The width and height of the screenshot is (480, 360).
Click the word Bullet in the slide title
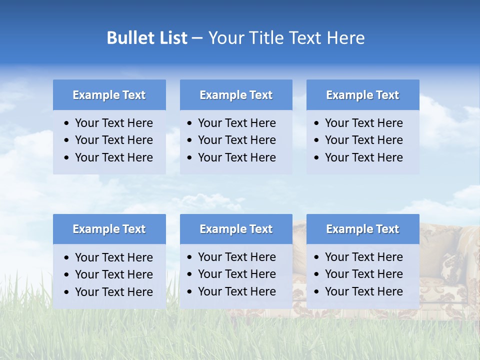coord(128,38)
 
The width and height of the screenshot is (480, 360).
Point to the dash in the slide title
coord(197,38)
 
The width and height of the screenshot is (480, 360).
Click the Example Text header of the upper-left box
coord(109,95)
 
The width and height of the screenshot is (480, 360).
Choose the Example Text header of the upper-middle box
coord(236,95)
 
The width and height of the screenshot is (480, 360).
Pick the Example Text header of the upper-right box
coord(362,95)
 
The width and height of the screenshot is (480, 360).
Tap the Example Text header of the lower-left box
coord(109,229)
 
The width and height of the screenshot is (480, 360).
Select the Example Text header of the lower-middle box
coord(236,229)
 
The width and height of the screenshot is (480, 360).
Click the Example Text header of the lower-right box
coord(362,229)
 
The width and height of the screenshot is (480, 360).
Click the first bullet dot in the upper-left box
coord(67,123)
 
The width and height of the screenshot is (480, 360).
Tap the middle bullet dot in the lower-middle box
coord(190,274)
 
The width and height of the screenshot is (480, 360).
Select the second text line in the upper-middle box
coord(236,140)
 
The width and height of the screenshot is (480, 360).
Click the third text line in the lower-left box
coord(113,291)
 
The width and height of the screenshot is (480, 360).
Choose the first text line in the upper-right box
coord(363,123)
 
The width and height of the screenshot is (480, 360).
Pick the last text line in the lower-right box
coord(363,291)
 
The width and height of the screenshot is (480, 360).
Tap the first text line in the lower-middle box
coord(236,257)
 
